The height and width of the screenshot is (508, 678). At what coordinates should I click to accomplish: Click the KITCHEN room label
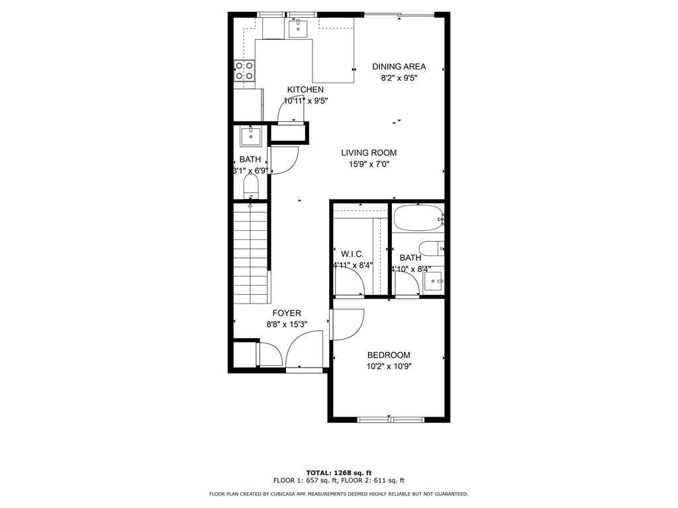pos(305,90)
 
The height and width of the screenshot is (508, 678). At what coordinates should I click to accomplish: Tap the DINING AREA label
pos(399,66)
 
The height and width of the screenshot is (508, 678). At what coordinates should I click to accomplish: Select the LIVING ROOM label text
pos(369,153)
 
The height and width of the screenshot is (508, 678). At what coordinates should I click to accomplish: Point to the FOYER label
pos(287,313)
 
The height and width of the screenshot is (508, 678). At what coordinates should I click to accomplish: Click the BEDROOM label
pos(389,355)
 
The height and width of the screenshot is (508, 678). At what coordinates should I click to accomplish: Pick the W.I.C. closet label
pos(352,254)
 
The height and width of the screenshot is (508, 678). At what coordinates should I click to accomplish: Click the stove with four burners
pos(245,71)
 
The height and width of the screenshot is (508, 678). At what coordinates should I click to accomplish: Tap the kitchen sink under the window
pos(299,27)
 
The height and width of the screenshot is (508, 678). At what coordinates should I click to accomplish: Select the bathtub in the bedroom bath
pos(418,218)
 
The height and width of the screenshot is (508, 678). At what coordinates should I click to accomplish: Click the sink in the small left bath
pos(251,136)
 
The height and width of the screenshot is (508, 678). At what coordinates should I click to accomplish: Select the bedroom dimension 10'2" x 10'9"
pos(389,366)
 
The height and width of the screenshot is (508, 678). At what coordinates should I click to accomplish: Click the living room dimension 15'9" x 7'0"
pos(369,164)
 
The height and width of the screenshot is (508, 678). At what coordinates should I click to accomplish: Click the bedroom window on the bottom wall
pos(391,419)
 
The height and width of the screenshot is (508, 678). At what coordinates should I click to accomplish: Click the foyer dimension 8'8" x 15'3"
pos(287,324)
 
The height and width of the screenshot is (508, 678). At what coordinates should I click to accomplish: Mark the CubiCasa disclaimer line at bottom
pos(338,493)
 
